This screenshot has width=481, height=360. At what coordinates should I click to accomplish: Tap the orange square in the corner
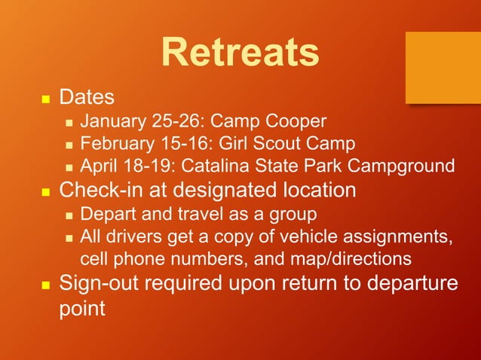[x=443, y=68]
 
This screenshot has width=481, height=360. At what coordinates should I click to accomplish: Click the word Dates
[x=87, y=97]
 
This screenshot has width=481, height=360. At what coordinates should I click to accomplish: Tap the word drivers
[x=133, y=236]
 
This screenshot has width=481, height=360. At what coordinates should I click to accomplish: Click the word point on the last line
[x=82, y=309]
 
